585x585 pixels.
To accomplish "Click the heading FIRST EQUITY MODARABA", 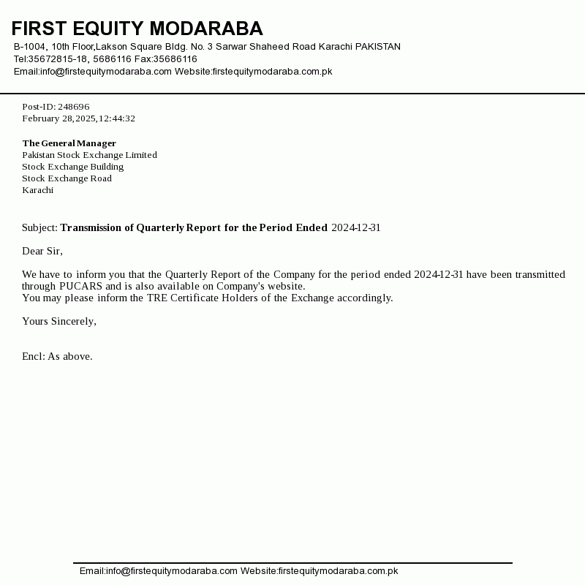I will [x=137, y=29].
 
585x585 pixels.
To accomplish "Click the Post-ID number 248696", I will [x=73, y=107].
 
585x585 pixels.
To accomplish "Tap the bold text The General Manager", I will [x=69, y=143].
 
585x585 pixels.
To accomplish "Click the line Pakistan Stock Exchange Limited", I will [x=89, y=155].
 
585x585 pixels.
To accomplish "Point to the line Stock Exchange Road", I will [x=67, y=178].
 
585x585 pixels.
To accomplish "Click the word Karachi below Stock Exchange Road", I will [x=37, y=190].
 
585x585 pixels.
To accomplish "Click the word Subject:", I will [x=39, y=227].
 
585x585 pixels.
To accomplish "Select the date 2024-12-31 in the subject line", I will [x=355, y=227].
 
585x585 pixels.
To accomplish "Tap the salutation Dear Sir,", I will [x=42, y=251].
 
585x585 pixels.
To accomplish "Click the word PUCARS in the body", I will [x=80, y=286].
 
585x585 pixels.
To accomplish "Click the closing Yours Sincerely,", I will [x=58, y=321].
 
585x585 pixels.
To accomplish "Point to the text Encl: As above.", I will [x=57, y=356].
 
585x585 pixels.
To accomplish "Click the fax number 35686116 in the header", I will [x=175, y=59].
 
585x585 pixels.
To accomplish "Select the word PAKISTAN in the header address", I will [x=377, y=47].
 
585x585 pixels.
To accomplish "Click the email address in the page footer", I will [x=172, y=571].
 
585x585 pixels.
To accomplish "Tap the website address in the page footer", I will [x=338, y=571].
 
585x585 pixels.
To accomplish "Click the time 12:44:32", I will [x=117, y=118].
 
